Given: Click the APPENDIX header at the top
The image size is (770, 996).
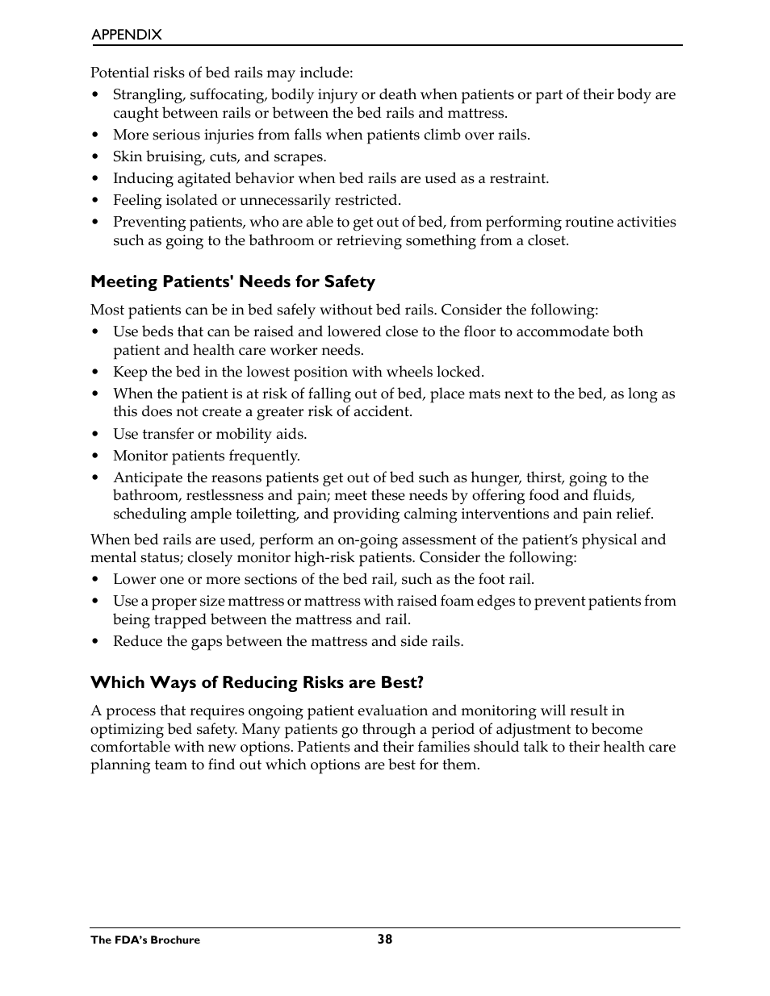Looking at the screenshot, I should (x=126, y=35).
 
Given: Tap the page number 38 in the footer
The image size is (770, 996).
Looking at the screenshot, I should (x=384, y=939).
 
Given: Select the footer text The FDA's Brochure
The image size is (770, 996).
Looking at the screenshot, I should (x=145, y=940).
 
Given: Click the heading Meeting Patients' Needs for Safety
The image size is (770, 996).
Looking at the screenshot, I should (x=232, y=281).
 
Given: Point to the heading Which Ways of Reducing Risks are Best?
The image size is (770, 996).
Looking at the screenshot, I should (x=257, y=682).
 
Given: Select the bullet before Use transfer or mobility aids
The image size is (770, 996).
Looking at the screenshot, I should (x=95, y=435).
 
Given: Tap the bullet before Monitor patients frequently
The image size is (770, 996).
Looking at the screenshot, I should (x=95, y=456).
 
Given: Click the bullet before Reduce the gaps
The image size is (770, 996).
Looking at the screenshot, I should (x=95, y=642).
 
